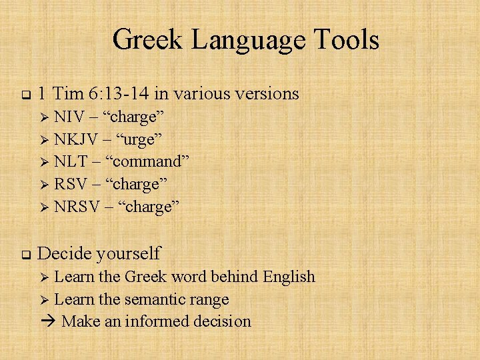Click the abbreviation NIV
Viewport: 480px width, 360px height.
(69, 117)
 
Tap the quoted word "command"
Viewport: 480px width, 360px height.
(151, 162)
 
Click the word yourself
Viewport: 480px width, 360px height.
(128, 254)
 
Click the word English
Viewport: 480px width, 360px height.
(289, 277)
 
